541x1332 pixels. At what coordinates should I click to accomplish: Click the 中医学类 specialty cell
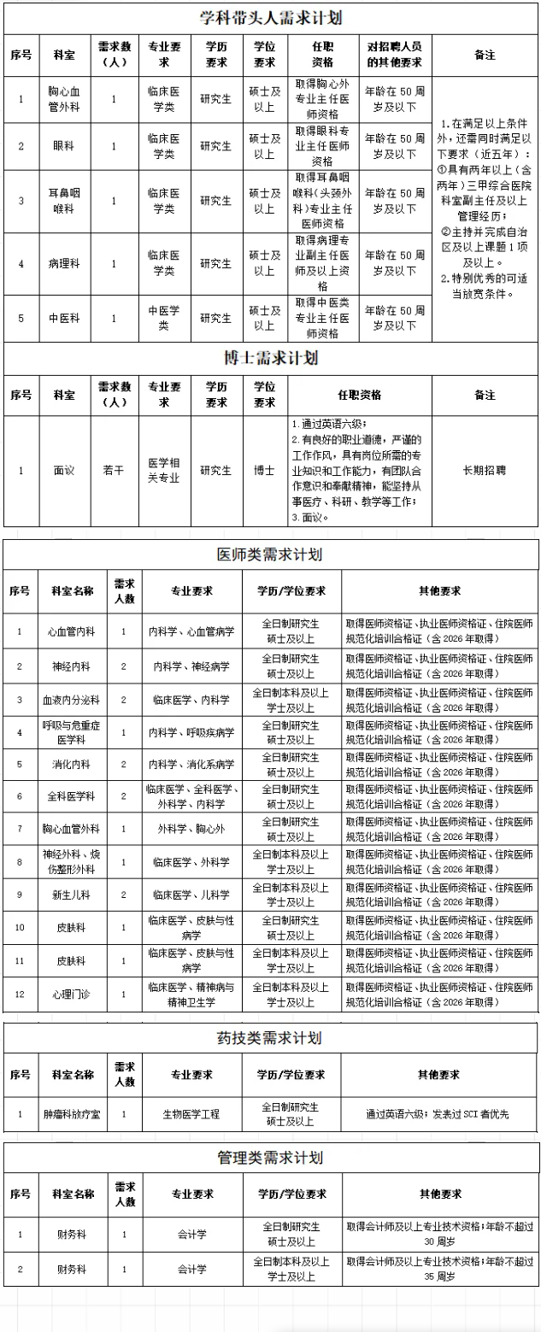coord(164,318)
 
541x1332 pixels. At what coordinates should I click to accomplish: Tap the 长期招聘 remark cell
coord(485,470)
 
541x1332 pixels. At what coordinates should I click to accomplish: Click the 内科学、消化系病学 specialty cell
coord(191,764)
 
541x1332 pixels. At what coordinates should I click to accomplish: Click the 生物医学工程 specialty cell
coord(191,1114)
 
